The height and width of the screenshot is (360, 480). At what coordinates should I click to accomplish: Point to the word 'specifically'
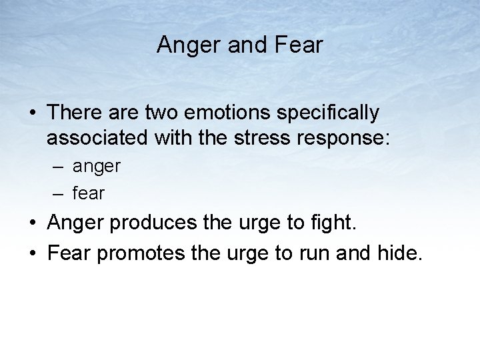pos(327,114)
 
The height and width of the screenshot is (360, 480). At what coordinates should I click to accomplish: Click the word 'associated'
pos(98,138)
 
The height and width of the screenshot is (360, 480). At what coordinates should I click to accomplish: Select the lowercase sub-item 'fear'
pos(89,193)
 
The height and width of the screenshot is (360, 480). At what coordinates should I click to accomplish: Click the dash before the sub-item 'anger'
pos(58,167)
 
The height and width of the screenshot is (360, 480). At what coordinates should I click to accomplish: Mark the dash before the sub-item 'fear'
pos(58,193)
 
